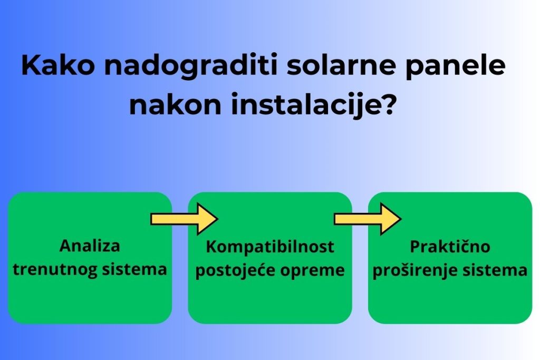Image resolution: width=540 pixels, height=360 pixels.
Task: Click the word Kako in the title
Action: tap(58, 65)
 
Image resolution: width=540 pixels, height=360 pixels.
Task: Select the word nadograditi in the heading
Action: tap(191, 65)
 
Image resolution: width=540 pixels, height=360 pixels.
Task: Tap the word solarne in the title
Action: tap(341, 65)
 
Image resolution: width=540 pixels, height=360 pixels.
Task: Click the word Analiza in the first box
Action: tap(90, 246)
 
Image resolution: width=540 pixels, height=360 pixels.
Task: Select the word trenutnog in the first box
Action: tap(55, 269)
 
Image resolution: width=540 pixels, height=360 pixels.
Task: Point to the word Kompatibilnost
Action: tap(270, 247)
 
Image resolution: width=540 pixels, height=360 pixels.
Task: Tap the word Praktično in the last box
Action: tap(450, 247)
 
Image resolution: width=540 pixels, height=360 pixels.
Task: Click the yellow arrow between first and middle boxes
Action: tap(184, 219)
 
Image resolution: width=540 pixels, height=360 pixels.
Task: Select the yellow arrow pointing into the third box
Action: tap(368, 219)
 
